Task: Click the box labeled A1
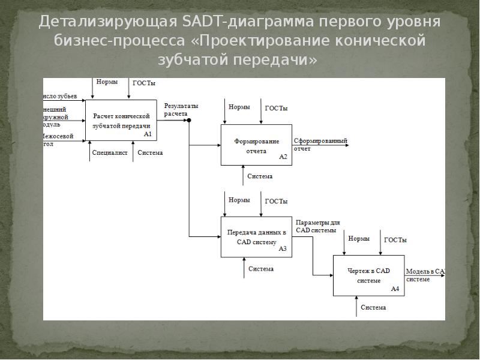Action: coord(121,120)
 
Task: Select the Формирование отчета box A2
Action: coord(256,145)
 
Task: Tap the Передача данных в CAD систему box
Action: coord(256,236)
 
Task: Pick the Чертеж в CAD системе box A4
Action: coord(368,275)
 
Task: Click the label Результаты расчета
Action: coord(176,109)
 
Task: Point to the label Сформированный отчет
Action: coord(320,144)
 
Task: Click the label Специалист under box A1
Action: coord(110,153)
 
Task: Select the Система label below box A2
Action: coord(260,176)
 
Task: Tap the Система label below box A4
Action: coord(373,308)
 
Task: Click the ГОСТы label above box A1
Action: coord(143,82)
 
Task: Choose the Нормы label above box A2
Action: coord(239,107)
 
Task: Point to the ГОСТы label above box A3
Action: coord(276,201)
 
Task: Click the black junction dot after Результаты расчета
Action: coord(189,121)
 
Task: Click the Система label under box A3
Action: coord(261,269)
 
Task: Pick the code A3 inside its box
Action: coord(283,248)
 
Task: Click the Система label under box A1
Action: coord(150,153)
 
